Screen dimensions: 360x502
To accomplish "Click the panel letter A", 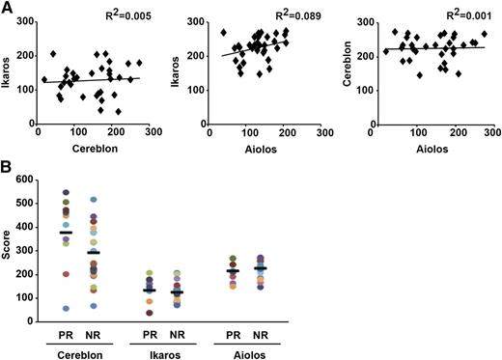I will [7, 8].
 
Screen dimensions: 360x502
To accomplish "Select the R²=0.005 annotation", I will [121, 16].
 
